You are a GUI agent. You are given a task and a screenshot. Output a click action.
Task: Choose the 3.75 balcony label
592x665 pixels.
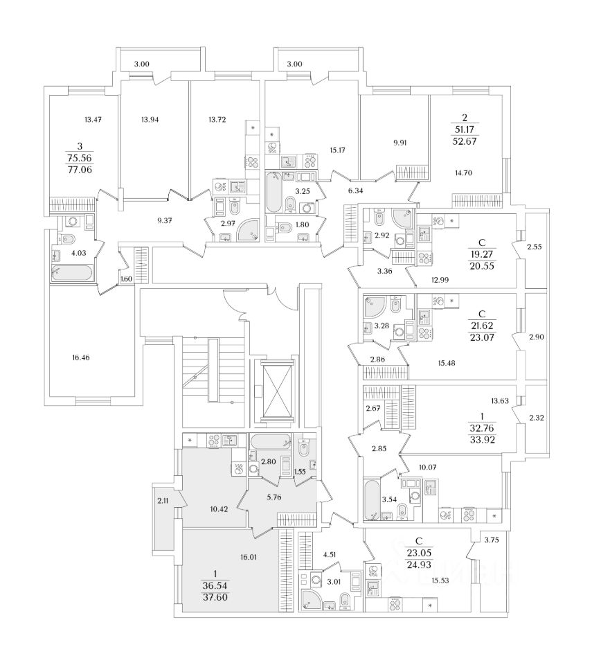pyautogui.click(x=492, y=540)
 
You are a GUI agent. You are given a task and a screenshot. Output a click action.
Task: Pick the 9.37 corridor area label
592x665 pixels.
pyautogui.click(x=165, y=220)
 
